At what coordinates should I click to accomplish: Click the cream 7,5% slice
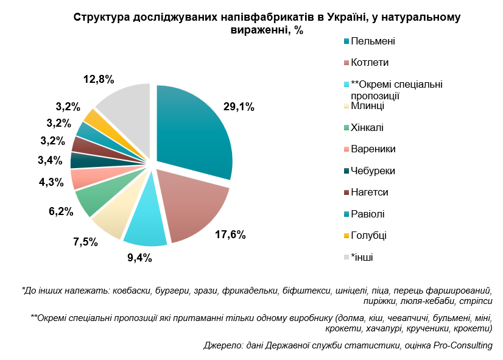pyautogui.click(x=109, y=219)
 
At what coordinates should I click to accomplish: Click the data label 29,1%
pyautogui.click(x=239, y=107)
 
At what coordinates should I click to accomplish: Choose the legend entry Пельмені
pyautogui.click(x=373, y=41)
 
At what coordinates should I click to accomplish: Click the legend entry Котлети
pyautogui.click(x=370, y=63)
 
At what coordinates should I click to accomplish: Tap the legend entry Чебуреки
pyautogui.click(x=373, y=171)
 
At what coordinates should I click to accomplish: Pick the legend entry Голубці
pyautogui.click(x=369, y=235)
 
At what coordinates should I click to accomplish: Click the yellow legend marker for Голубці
pyautogui.click(x=346, y=235)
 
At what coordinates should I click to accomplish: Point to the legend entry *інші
pyautogui.click(x=362, y=256)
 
